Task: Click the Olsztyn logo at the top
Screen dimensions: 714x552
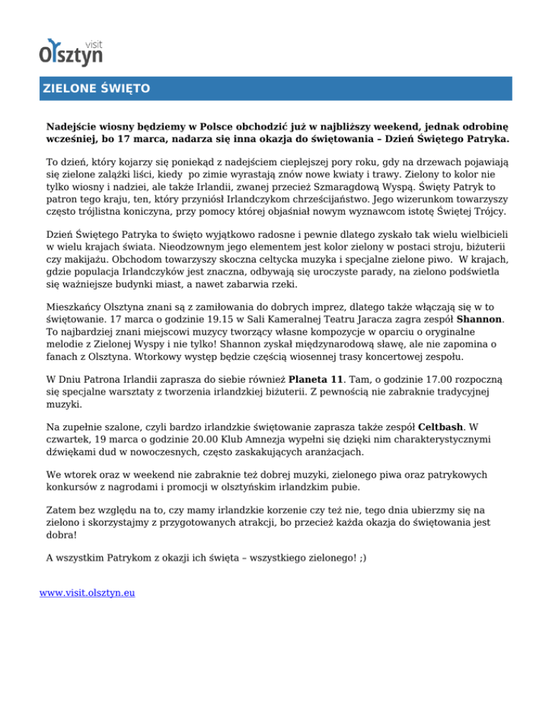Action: coord(71,49)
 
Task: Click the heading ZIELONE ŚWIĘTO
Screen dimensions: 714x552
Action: coord(94,89)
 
